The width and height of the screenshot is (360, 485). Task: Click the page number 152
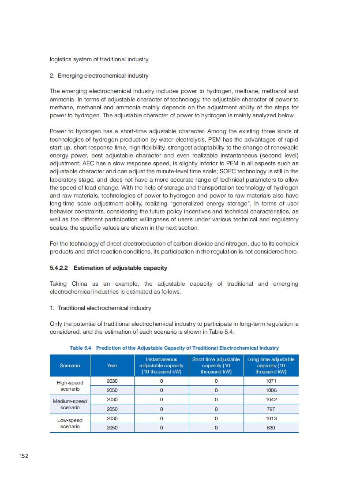coord(24,455)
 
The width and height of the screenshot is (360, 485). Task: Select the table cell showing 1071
coord(271,381)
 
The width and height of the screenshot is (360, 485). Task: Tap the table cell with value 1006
coord(271,390)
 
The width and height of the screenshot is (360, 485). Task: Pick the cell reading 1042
coord(271,399)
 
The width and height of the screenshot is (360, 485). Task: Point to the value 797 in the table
coord(271,409)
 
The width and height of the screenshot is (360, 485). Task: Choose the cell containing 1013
coord(271,418)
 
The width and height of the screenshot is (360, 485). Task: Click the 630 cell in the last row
coord(271,428)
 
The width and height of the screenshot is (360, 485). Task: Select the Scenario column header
coord(70,366)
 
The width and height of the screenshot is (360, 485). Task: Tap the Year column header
coord(112,366)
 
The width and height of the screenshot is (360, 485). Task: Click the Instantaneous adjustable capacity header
coord(161,366)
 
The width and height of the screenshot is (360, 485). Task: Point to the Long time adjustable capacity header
coord(271,366)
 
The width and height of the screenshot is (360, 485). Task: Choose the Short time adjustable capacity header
coord(216,366)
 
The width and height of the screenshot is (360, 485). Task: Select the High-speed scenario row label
coord(70,386)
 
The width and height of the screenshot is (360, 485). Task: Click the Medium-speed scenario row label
coord(70,404)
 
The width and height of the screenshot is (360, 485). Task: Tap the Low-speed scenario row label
coord(70,423)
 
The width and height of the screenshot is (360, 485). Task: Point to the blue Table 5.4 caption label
coord(80,348)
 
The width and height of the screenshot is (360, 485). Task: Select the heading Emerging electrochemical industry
coord(103,76)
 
